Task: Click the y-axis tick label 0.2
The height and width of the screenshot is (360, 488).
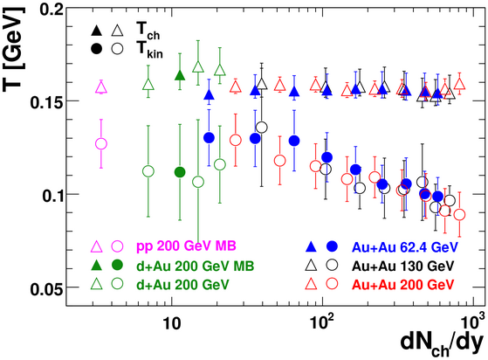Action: pos(51,10)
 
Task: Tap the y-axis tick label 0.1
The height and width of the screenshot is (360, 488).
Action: pos(51,196)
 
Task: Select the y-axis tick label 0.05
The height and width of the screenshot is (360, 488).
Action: pos(46,289)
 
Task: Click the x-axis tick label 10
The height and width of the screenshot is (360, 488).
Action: pos(171,324)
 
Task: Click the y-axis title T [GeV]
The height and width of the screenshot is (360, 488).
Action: pos(13,49)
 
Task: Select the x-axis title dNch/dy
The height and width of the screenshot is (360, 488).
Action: pos(443,346)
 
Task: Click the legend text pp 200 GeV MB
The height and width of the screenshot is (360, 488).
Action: pos(186,246)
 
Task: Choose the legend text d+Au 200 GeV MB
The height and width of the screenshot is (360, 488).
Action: pos(196,266)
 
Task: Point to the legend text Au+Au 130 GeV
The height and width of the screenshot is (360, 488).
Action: pos(402,266)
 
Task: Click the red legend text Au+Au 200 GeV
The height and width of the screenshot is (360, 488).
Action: pos(402,285)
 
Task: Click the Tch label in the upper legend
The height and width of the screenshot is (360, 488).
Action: pos(148,31)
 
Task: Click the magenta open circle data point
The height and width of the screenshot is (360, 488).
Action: pos(101,144)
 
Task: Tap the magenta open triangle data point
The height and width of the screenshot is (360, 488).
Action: pos(101,87)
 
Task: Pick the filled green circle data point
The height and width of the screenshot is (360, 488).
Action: pos(180,172)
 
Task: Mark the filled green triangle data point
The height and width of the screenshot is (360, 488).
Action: pos(180,75)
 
